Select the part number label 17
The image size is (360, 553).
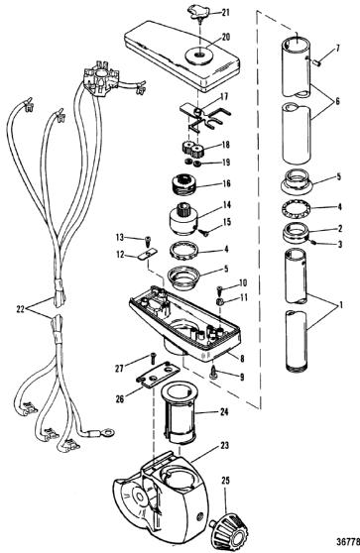224,96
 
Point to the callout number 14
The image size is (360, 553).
226,205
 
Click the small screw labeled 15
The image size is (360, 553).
203,232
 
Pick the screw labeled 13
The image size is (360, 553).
146,243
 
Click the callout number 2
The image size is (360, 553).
340,229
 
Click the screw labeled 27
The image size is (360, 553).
152,358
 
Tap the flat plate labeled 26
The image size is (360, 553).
158,375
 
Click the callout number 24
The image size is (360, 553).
224,411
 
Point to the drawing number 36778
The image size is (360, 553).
348,541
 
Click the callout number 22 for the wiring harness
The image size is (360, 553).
21,309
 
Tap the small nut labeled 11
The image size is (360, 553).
220,301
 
